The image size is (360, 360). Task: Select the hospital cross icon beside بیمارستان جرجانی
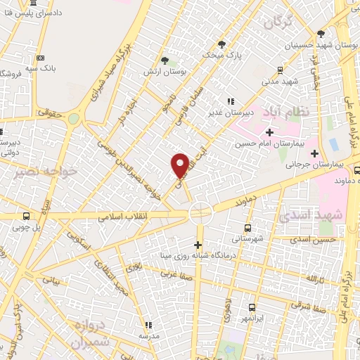click(314, 153)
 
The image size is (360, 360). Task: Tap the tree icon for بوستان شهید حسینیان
click(321, 33)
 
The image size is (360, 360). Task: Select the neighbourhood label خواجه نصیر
click(48, 172)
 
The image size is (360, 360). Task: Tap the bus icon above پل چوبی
click(27, 216)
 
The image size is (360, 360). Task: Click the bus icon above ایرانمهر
click(252, 307)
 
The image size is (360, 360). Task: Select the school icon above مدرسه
click(148, 325)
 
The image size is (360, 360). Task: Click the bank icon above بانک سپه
click(41, 58)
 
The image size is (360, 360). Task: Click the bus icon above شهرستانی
click(247, 228)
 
